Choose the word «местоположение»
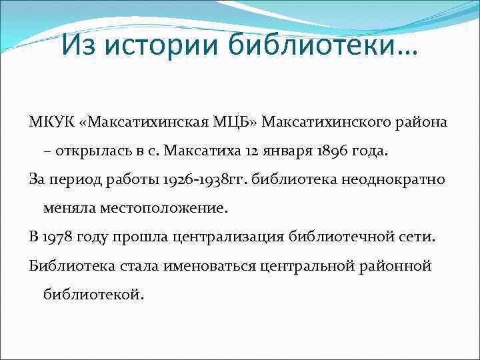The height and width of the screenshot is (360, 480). pyautogui.click(x=163, y=208)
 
